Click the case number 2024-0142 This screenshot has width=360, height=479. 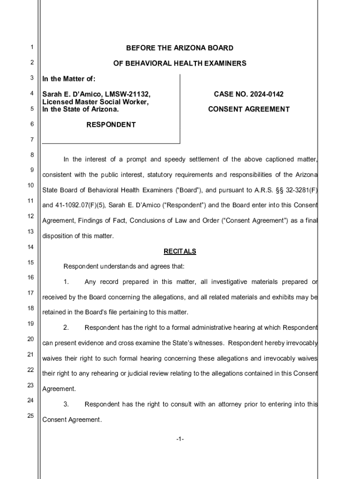[x=266, y=94]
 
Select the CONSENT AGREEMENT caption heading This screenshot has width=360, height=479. [x=249, y=109]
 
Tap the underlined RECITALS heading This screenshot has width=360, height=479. [x=180, y=252]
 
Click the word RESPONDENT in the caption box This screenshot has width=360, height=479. [x=111, y=125]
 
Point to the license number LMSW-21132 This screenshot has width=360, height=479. [x=130, y=94]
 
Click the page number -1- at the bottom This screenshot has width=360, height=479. [x=180, y=439]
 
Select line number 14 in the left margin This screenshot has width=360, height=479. [x=31, y=247]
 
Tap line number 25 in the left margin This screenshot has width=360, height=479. [x=31, y=416]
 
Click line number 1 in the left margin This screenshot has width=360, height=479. [x=31, y=47]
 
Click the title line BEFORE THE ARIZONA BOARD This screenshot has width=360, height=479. [x=180, y=48]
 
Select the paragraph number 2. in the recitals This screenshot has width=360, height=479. [x=66, y=327]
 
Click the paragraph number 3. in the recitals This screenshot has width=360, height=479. [x=66, y=404]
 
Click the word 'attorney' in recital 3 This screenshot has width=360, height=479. [x=230, y=404]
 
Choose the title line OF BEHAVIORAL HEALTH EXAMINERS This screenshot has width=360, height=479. [x=180, y=64]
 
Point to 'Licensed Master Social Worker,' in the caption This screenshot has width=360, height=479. [x=95, y=102]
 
